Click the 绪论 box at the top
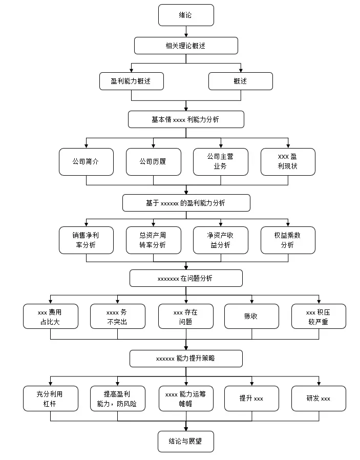tap(186, 15)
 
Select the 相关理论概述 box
tap(186, 46)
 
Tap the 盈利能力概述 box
tap(131, 81)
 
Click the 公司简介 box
tap(86, 162)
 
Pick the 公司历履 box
tap(153, 162)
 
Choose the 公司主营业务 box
tap(221, 162)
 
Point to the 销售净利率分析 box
tap(86, 240)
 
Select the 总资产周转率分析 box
tap(153, 240)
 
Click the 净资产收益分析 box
tap(221, 240)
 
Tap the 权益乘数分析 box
tap(288, 240)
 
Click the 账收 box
tap(251, 316)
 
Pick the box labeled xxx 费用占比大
tap(51, 316)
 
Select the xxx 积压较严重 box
tap(319, 316)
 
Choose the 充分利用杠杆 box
tap(51, 399)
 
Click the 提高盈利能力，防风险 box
tap(118, 399)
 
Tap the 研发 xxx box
tap(319, 399)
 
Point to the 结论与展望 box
tap(186, 441)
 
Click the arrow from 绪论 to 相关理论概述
tap(186, 31)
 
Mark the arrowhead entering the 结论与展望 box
tap(186, 429)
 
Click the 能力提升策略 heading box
tap(186, 358)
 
